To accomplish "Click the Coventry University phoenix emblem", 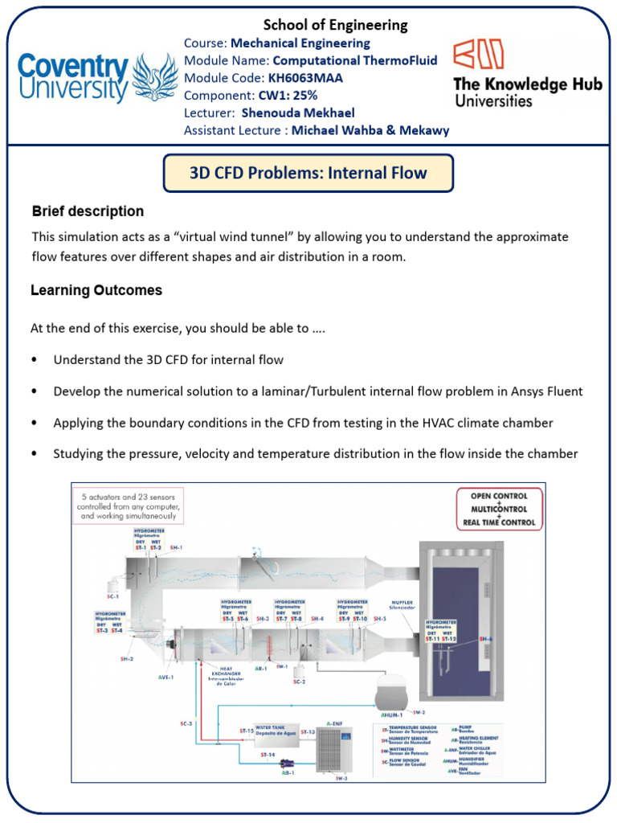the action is coord(155,78).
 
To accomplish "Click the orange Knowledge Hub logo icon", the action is coord(479,54).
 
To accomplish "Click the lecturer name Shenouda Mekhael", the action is coord(298,113).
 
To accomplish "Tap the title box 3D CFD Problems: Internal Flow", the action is coord(308,173).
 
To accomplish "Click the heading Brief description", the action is coord(88,211).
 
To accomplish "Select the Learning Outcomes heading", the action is coord(96,290).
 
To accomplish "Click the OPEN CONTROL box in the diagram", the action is coord(498,496).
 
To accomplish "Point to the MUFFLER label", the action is coord(401,603).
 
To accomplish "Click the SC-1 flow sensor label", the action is coord(114,596).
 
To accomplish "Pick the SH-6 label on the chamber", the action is coord(485,638).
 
